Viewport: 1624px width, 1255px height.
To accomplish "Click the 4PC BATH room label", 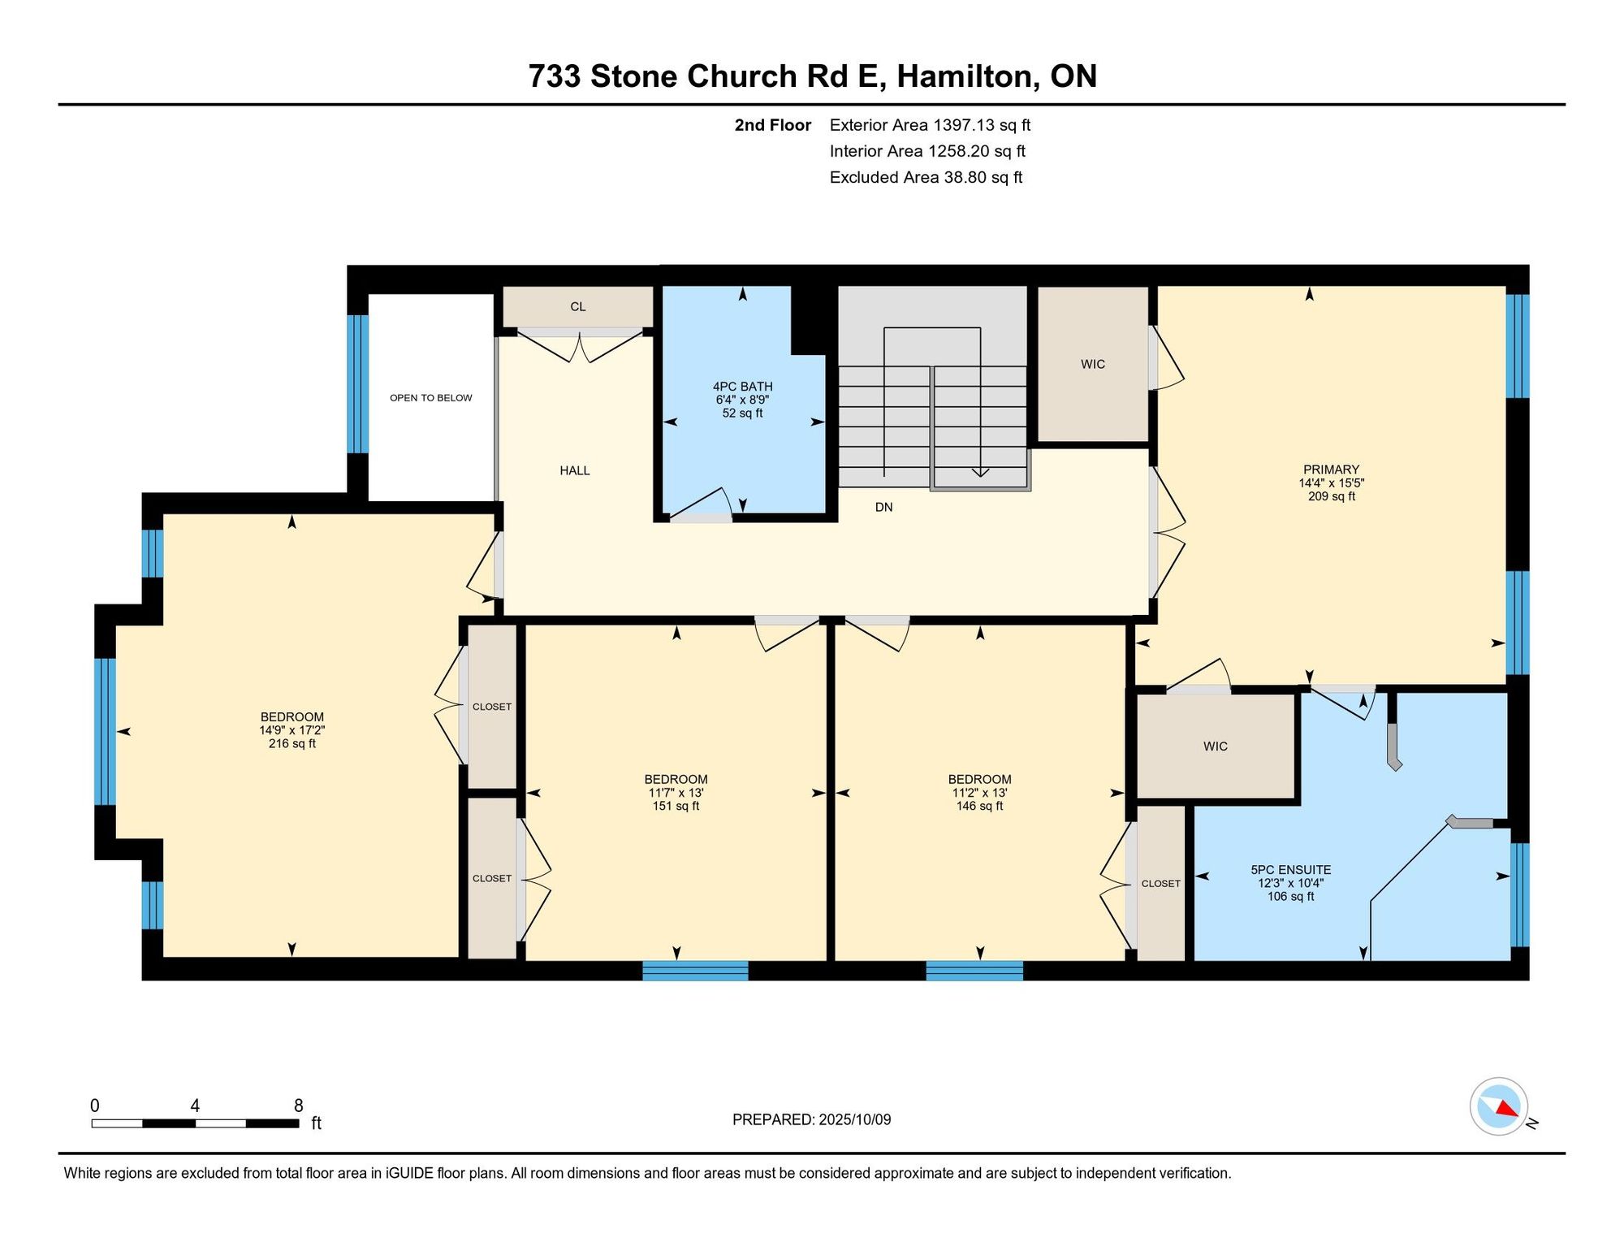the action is coord(742,387).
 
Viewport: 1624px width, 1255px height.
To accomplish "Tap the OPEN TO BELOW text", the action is coord(430,398).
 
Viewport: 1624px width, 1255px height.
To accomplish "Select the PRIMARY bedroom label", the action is coord(1331,470).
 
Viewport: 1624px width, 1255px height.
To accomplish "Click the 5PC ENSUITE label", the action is coord(1290,870).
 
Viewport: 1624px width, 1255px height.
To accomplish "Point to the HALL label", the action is coord(575,470).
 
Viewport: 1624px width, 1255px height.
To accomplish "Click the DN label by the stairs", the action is coord(883,508).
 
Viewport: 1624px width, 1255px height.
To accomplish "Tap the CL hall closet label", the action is coord(577,307).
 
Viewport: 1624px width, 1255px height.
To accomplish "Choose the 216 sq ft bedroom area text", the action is coord(292,743).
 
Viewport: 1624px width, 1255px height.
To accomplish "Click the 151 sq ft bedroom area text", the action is coord(676,806).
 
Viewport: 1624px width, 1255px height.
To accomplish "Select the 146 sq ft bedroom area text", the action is coord(979,806).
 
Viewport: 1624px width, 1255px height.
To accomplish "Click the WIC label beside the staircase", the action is coord(1093,365).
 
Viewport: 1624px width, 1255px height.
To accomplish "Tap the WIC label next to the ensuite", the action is coord(1216,747).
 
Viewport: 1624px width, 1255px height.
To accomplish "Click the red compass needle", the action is coord(1507,1108).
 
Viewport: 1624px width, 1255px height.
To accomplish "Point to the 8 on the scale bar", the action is coord(299,1106).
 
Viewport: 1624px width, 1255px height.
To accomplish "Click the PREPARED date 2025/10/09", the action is coord(854,1119).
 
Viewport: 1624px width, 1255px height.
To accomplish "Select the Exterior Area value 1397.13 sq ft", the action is coord(982,125).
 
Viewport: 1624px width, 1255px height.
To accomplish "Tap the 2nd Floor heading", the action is coord(773,125).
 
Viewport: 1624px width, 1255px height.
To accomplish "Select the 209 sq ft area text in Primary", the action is coord(1332,496).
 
